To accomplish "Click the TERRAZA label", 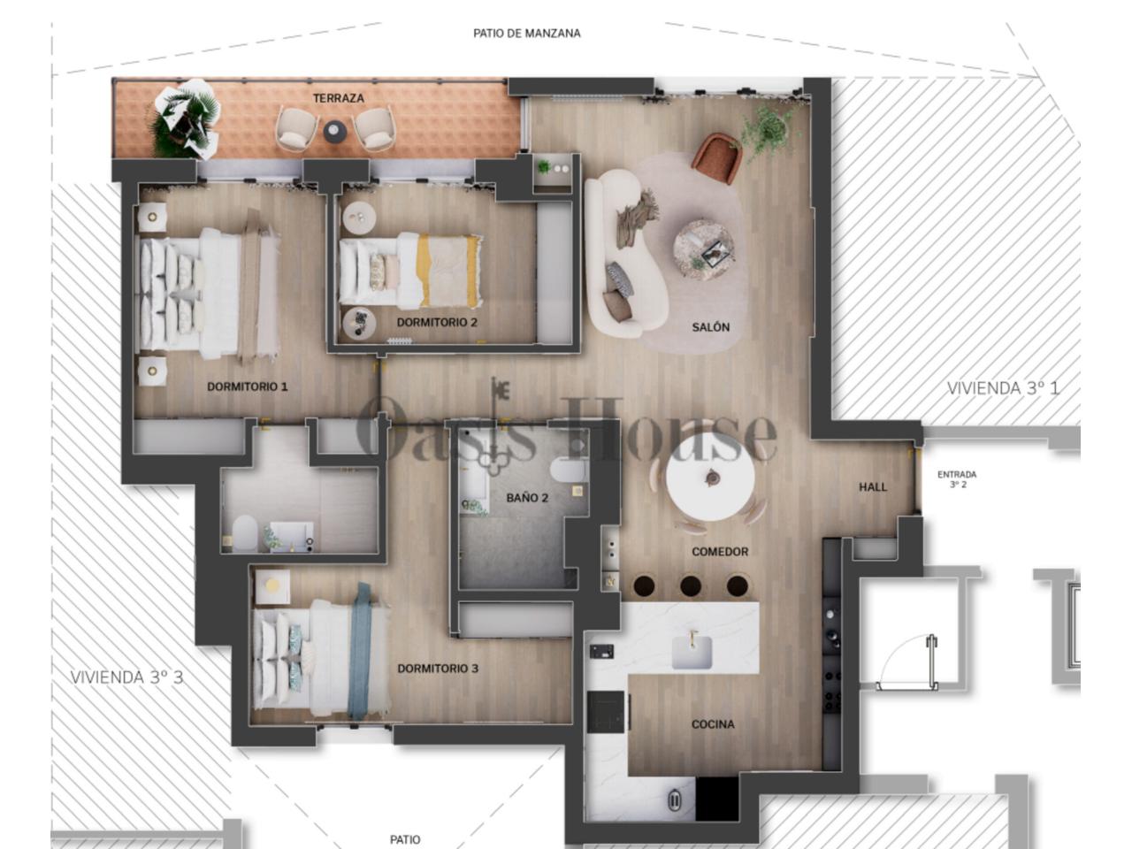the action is click(339, 98).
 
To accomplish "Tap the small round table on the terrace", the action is click(334, 132).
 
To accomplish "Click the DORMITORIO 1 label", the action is click(247, 386).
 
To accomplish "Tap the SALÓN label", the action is click(711, 327).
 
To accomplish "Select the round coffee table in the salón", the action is click(703, 250).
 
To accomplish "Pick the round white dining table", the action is click(710, 479).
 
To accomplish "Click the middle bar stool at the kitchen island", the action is click(691, 586).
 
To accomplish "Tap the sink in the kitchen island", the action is click(692, 651).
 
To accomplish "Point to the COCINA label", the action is click(713, 724).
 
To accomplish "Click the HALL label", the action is click(873, 486).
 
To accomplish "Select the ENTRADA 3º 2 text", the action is click(957, 479).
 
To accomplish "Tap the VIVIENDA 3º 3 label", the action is click(126, 677).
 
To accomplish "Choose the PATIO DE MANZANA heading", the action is click(526, 34).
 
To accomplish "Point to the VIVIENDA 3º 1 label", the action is click(1003, 388).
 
